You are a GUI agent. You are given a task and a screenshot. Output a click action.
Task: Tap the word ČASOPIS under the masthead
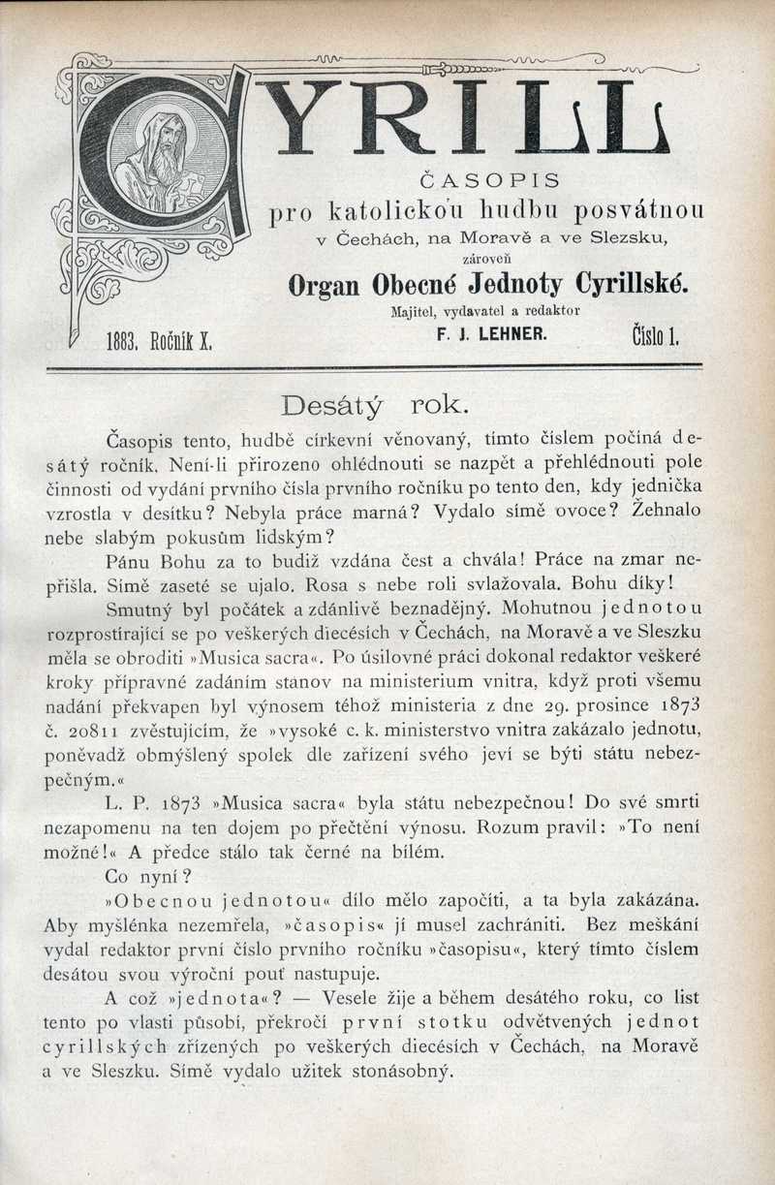point(488,179)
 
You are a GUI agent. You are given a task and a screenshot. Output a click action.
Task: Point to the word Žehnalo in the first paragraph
point(666,509)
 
